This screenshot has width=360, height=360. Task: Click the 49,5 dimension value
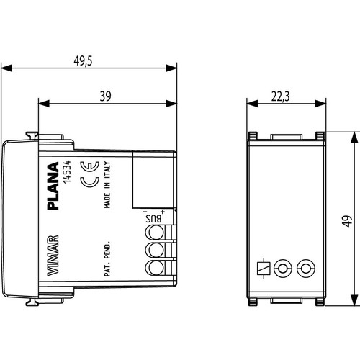click(x=83, y=60)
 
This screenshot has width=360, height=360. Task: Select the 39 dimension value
click(x=106, y=96)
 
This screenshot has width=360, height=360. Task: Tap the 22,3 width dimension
click(x=281, y=96)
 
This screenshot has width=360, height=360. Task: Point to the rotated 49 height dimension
click(x=347, y=221)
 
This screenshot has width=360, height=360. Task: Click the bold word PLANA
click(x=53, y=186)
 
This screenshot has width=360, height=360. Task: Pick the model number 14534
click(x=67, y=172)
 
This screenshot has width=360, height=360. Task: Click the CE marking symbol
click(x=90, y=174)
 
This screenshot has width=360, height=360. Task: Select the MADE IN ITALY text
click(x=107, y=184)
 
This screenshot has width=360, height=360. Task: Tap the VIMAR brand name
click(x=53, y=256)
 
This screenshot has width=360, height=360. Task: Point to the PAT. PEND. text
click(x=107, y=258)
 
